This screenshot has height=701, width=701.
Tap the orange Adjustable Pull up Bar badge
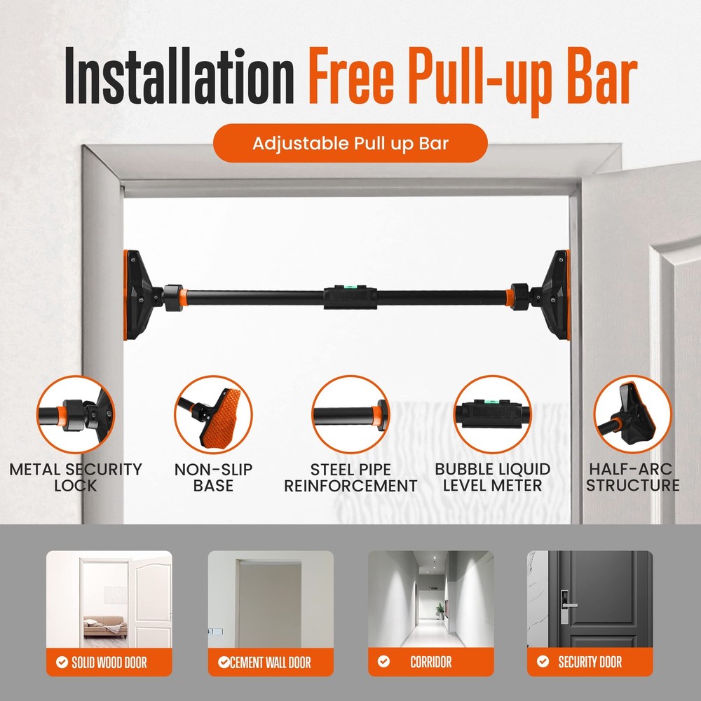tap(350, 144)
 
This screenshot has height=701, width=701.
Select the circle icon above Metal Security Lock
tap(76, 414)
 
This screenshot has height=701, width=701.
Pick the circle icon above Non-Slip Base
tap(212, 414)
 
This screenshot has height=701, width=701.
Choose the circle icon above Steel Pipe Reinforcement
tap(350, 414)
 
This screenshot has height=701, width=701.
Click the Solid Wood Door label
tap(109, 662)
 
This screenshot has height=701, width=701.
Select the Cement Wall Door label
tap(271, 662)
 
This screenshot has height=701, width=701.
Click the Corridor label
tap(430, 662)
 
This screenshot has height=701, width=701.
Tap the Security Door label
tap(590, 662)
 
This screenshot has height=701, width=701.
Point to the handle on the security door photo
tap(569, 605)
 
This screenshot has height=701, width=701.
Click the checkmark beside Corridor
tap(383, 662)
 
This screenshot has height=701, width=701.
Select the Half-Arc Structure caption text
tap(632, 477)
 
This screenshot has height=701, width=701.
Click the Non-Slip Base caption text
tap(213, 477)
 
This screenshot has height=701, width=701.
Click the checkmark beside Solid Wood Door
tap(62, 662)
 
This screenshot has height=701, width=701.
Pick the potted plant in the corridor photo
tap(440, 610)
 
